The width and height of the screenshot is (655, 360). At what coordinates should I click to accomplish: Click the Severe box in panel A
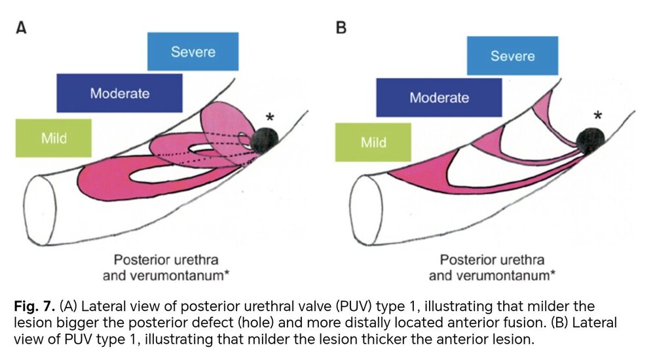tap(193, 51)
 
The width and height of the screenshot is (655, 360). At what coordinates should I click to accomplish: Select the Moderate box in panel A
tap(119, 93)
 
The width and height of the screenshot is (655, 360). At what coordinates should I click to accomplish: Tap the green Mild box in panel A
tap(54, 138)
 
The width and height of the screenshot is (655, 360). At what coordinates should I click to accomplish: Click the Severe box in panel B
tap(513, 56)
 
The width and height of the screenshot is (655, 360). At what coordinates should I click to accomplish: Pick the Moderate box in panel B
tap(439, 98)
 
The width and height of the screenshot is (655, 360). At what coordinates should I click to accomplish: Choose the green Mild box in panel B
tap(373, 143)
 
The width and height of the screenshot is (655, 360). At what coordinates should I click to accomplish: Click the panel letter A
tap(22, 28)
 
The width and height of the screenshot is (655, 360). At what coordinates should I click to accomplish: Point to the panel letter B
tap(341, 28)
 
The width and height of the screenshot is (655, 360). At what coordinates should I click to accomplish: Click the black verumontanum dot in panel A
tap(265, 141)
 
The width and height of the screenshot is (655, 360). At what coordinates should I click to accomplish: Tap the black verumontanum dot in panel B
tap(591, 141)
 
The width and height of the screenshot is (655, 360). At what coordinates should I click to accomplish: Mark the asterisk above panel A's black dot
tap(271, 117)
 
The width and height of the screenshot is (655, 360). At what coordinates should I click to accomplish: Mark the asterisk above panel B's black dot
tap(598, 115)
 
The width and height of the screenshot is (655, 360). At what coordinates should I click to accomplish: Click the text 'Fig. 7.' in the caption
tap(34, 306)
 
